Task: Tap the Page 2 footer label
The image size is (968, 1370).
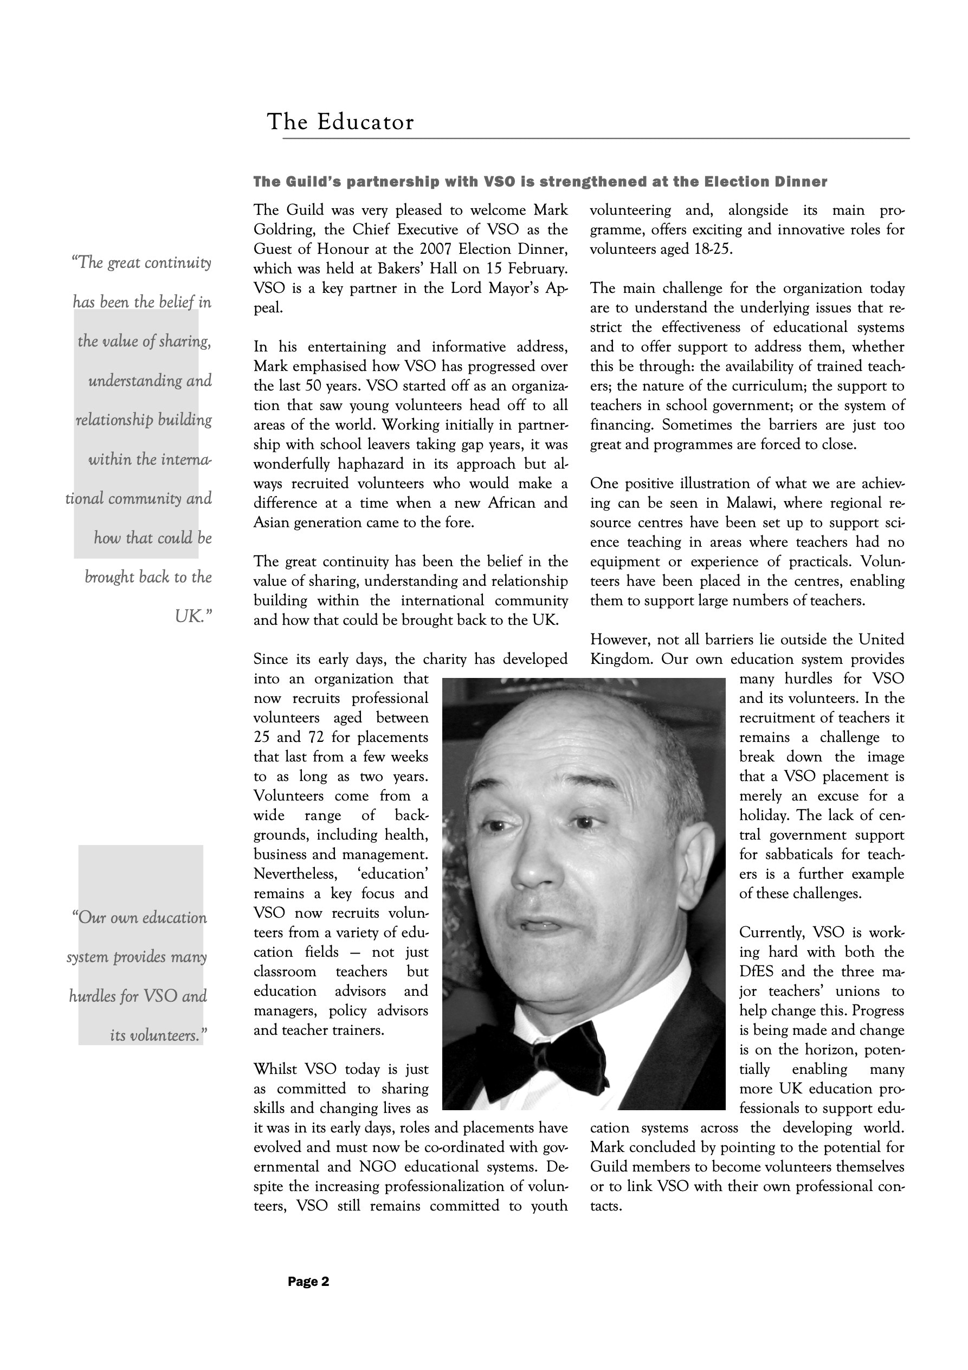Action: [308, 1282]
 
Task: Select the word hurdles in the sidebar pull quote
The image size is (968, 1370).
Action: [94, 996]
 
